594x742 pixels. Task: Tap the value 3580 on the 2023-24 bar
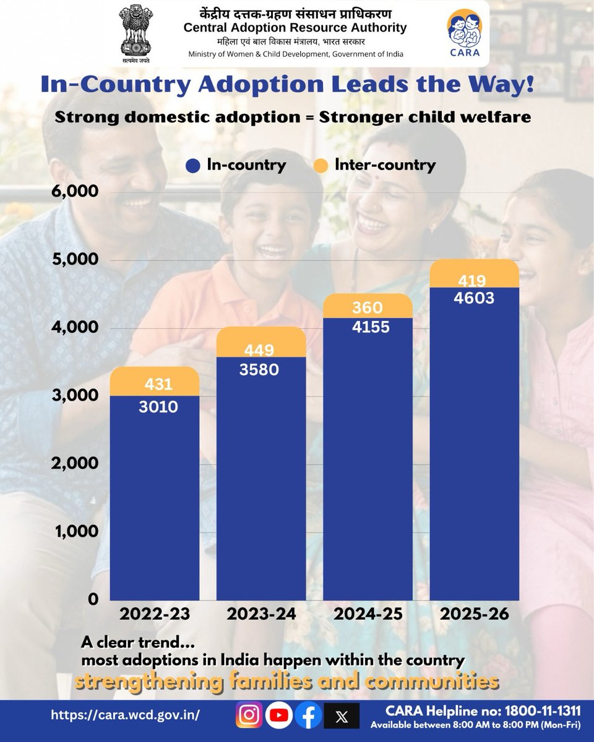[261, 370]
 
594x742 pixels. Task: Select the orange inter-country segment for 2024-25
[368, 306]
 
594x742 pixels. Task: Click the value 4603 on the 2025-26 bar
[475, 298]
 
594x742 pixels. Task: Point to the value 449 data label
[261, 351]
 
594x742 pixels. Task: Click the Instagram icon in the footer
[249, 715]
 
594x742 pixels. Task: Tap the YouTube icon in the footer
[279, 715]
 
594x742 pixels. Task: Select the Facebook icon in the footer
[309, 715]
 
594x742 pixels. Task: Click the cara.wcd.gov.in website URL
[126, 715]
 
